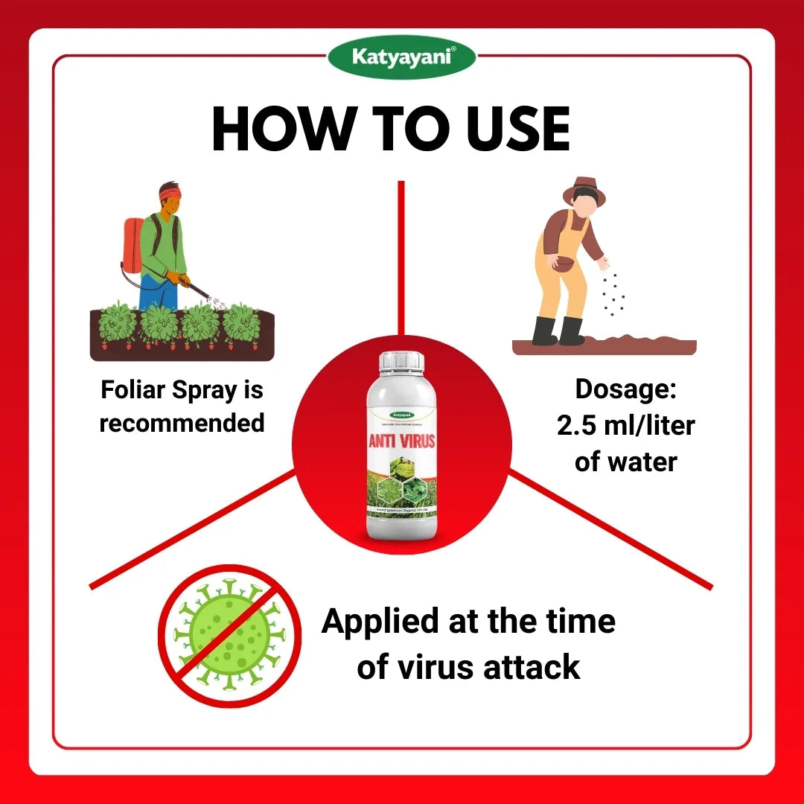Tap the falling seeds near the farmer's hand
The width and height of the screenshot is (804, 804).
coord(613,294)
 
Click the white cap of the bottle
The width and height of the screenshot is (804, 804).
coord(402,362)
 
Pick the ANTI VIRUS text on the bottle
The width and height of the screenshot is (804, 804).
coord(402,441)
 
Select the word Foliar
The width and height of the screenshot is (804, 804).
coord(134,389)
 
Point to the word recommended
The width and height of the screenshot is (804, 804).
coord(182,423)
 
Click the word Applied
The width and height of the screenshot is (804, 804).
coord(380,622)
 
